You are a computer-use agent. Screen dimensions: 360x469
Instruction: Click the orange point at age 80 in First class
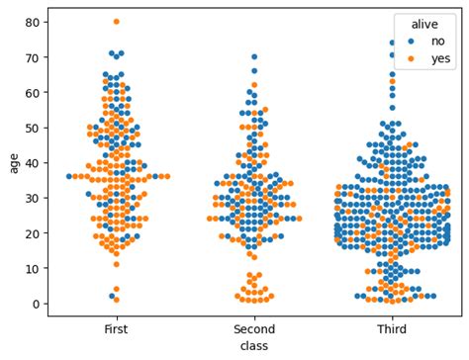click(116, 22)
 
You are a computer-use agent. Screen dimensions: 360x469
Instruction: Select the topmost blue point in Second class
click(254, 56)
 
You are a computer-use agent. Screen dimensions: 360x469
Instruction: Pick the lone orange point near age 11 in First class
click(116, 264)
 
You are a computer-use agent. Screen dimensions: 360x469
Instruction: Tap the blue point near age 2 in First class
click(113, 296)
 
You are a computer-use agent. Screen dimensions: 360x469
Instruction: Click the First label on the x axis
click(116, 328)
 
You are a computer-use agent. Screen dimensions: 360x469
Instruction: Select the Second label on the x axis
click(254, 328)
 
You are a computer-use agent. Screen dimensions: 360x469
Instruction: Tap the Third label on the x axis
click(393, 328)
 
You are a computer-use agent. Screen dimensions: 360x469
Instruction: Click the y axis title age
click(13, 162)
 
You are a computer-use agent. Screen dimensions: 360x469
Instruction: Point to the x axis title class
click(254, 346)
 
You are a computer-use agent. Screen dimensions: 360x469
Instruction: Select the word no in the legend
click(436, 42)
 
